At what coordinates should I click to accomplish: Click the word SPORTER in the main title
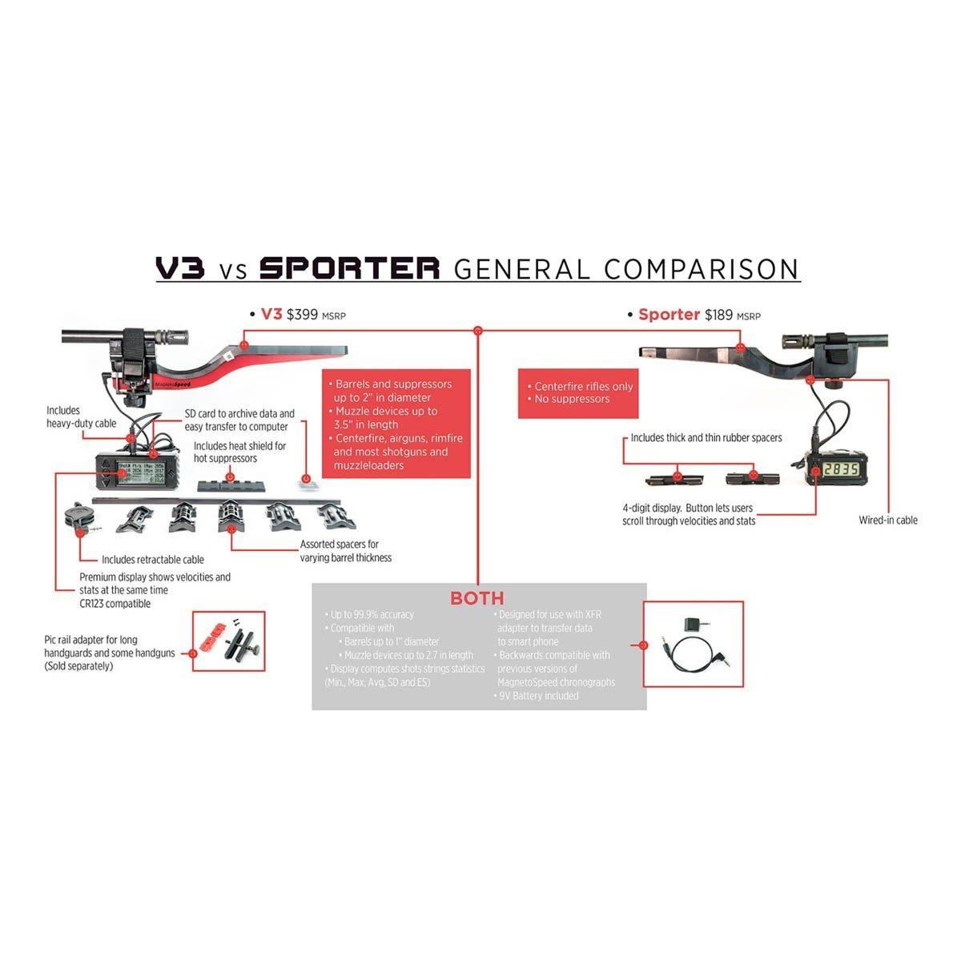click(x=350, y=268)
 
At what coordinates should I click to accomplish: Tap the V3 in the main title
click(x=180, y=268)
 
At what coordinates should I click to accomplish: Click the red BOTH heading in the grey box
click(x=477, y=597)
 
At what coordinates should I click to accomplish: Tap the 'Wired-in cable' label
click(x=888, y=521)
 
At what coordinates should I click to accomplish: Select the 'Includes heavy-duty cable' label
click(x=81, y=416)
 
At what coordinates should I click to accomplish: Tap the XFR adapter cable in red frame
click(x=693, y=645)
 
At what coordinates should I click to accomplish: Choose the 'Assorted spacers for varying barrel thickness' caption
click(x=346, y=551)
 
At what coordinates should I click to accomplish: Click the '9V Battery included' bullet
click(x=537, y=696)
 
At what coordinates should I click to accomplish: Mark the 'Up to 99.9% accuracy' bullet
click(x=372, y=614)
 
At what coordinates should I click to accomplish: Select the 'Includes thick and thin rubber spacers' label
click(x=706, y=438)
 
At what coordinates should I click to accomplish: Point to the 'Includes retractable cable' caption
click(x=152, y=560)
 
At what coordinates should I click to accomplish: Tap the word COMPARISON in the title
click(x=702, y=268)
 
